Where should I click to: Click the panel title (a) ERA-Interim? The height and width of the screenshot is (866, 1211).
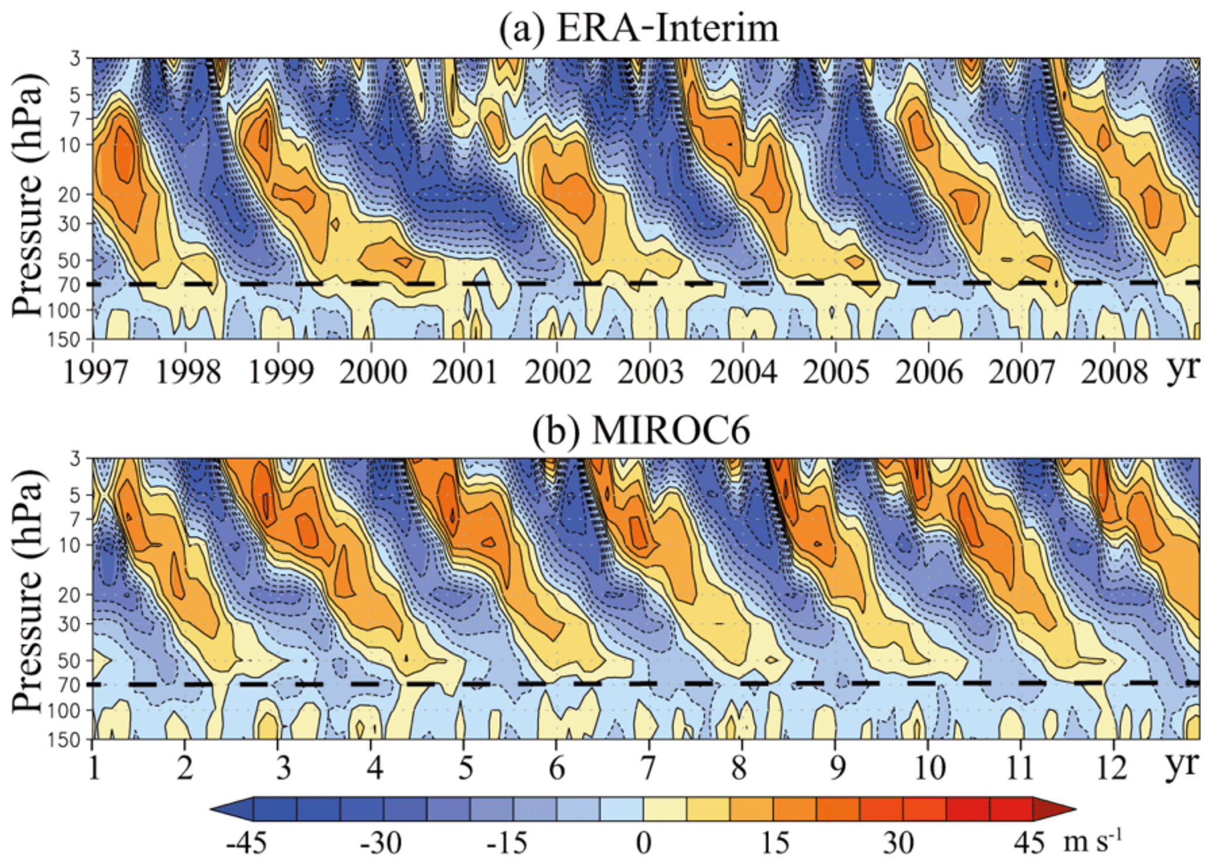[639, 28]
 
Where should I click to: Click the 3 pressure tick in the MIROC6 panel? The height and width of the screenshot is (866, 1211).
[74, 459]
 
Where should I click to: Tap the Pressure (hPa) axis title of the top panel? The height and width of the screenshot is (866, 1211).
[28, 196]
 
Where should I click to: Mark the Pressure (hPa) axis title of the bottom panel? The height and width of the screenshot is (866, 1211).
[28, 592]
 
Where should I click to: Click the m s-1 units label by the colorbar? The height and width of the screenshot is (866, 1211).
[1093, 842]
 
